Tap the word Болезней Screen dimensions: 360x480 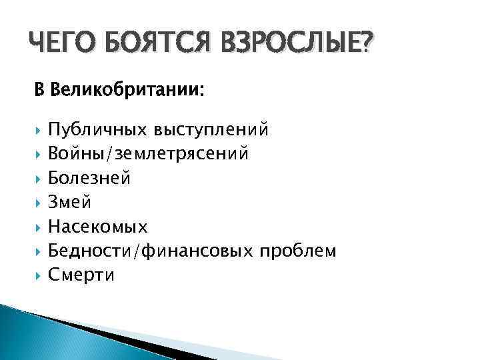click(x=89, y=178)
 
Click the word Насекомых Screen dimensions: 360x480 click(x=98, y=227)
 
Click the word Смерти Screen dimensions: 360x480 click(x=81, y=275)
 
